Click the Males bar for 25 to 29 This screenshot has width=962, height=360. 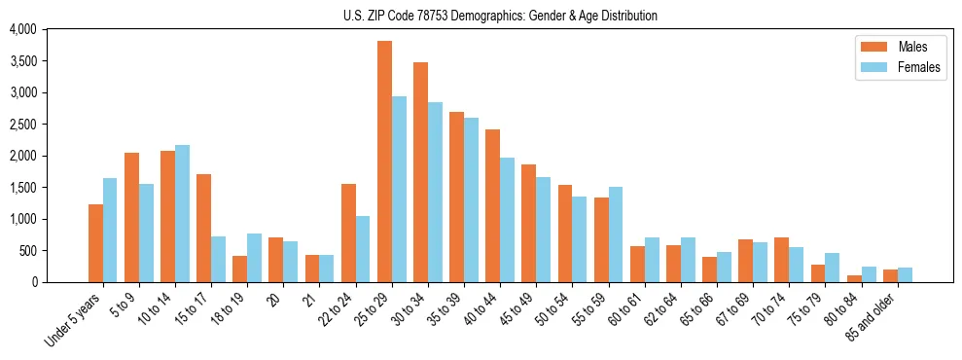coord(384,162)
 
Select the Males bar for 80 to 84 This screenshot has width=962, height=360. coord(854,278)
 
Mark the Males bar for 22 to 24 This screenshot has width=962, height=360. coord(348,233)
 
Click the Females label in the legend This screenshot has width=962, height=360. coord(920,67)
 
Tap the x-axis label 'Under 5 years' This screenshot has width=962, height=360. coord(75,321)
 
